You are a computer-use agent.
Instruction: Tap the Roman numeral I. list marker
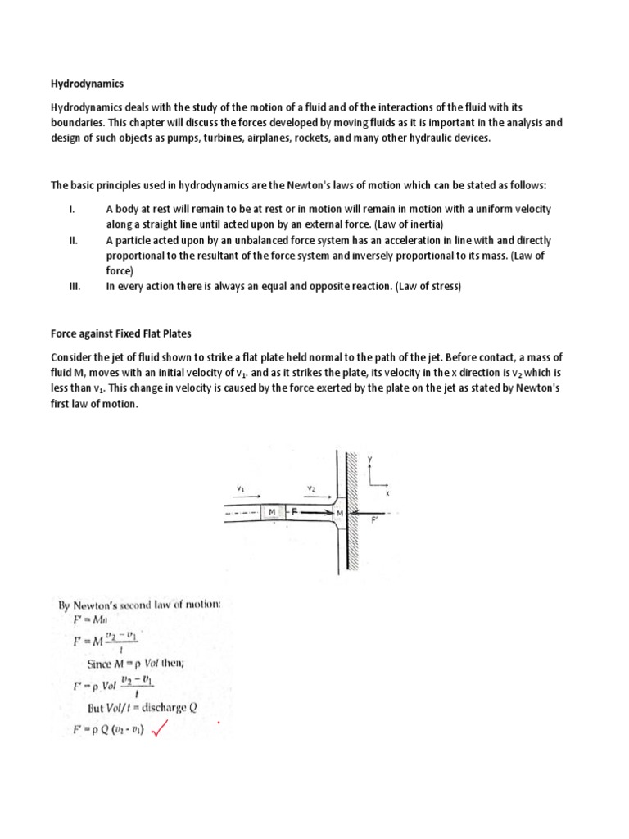click(71, 209)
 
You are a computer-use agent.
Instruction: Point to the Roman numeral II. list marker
click(73, 241)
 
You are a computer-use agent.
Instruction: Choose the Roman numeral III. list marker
click(74, 286)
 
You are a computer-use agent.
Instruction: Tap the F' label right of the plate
click(375, 519)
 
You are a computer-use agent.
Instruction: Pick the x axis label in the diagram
click(387, 493)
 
